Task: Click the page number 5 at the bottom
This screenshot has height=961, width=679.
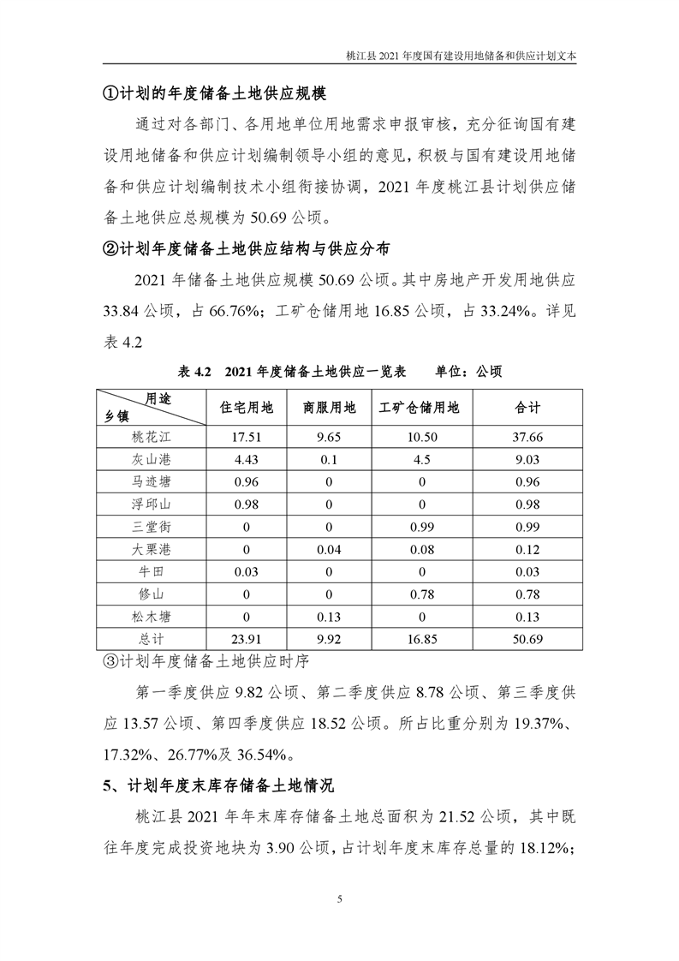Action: coord(340,898)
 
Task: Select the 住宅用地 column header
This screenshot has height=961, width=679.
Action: coord(247,408)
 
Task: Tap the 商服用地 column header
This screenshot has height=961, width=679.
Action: coord(330,408)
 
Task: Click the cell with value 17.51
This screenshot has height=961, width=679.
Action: coord(247,437)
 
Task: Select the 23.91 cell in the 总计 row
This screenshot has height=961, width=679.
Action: coord(247,638)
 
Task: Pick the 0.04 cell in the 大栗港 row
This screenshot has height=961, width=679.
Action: coord(330,549)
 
